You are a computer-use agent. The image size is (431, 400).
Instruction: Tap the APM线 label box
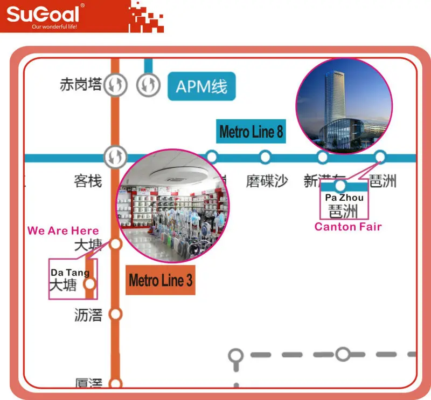(x=201, y=86)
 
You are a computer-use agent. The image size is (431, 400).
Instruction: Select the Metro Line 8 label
(x=251, y=131)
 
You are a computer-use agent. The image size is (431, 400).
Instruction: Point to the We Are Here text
(x=63, y=230)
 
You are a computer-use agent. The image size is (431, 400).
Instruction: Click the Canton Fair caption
(x=348, y=227)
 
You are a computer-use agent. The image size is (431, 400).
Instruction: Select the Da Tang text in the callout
(x=70, y=273)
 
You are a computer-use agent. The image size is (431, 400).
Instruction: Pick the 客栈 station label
(x=88, y=181)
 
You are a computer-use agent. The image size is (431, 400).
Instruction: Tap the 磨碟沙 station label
(x=267, y=181)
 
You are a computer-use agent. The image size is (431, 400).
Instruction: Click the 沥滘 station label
(x=88, y=315)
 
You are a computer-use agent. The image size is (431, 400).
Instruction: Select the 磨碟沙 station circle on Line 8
(x=265, y=157)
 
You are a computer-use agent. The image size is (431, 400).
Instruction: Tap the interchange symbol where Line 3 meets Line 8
(x=115, y=157)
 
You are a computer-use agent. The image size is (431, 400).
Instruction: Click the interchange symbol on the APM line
(x=148, y=84)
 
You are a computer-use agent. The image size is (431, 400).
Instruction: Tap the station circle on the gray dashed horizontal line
(x=343, y=355)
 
